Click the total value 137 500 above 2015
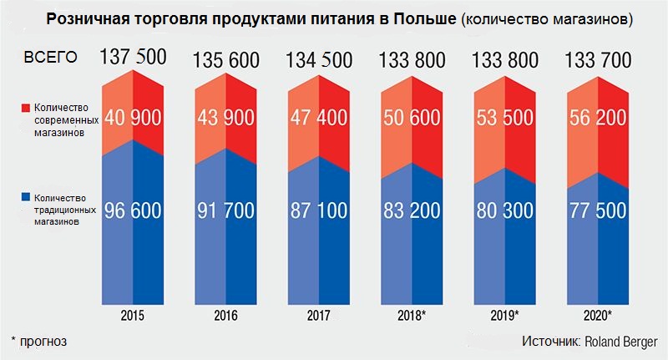click(133, 58)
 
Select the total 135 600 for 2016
click(226, 62)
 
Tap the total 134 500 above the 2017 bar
click(320, 62)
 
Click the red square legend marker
click(26, 108)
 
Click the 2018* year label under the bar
click(413, 316)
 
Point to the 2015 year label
click(133, 316)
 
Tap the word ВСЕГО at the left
click(51, 58)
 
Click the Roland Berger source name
click(620, 342)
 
